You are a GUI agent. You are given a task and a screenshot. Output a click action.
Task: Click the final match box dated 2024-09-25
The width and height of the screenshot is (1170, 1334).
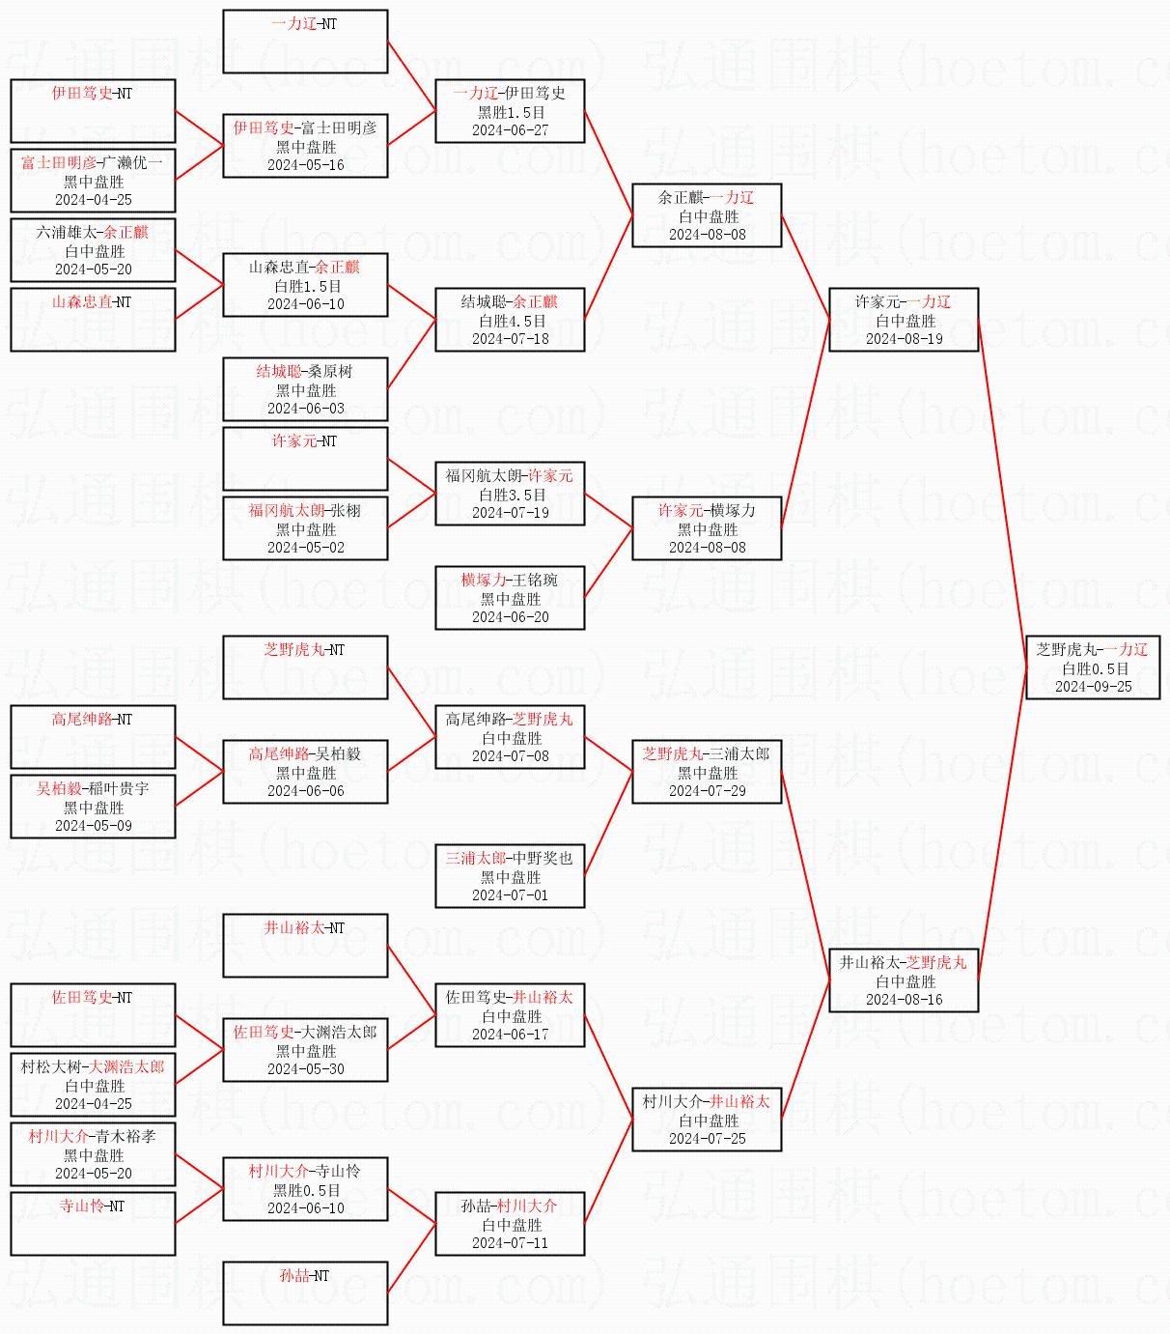pyautogui.click(x=1093, y=667)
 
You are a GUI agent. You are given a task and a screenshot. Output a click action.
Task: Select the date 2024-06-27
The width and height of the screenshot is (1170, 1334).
pyautogui.click(x=510, y=130)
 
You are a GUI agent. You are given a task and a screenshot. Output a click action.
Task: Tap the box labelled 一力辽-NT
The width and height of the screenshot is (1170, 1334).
pyautogui.click(x=305, y=41)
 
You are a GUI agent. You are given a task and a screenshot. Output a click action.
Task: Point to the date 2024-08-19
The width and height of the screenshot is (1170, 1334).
pyautogui.click(x=905, y=339)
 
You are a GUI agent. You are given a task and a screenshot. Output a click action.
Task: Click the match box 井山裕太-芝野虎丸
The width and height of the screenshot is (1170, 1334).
pyautogui.click(x=904, y=980)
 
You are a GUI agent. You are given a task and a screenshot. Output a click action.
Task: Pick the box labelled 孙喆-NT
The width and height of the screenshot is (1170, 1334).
pyautogui.click(x=305, y=1293)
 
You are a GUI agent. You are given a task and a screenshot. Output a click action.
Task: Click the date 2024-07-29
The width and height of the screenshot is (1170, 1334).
pyautogui.click(x=708, y=791)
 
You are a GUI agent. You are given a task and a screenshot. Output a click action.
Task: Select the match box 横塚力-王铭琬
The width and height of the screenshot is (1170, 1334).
pyautogui.click(x=510, y=598)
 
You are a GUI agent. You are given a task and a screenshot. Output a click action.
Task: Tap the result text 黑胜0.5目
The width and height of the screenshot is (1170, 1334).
pyautogui.click(x=306, y=1190)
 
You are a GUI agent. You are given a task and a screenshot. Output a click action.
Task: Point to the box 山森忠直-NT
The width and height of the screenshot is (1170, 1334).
pyautogui.click(x=93, y=320)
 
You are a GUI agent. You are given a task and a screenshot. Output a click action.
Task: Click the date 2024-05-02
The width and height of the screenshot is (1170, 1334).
pyautogui.click(x=306, y=548)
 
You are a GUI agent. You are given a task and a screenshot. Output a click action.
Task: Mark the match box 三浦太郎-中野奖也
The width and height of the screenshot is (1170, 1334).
pyautogui.click(x=510, y=876)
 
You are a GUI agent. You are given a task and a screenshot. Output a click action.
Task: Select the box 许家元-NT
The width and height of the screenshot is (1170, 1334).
pyautogui.click(x=305, y=458)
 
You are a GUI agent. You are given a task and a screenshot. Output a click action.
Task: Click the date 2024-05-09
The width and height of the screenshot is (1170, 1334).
pyautogui.click(x=94, y=826)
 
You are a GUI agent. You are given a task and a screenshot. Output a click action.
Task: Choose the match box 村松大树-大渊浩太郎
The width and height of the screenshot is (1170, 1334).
pyautogui.click(x=93, y=1085)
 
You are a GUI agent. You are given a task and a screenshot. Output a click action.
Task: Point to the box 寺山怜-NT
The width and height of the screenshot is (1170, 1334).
pyautogui.click(x=93, y=1223)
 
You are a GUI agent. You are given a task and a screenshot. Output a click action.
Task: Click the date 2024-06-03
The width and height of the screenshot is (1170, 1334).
pyautogui.click(x=306, y=409)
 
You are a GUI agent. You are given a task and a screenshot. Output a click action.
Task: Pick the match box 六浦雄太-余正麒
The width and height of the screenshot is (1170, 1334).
pyautogui.click(x=93, y=250)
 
